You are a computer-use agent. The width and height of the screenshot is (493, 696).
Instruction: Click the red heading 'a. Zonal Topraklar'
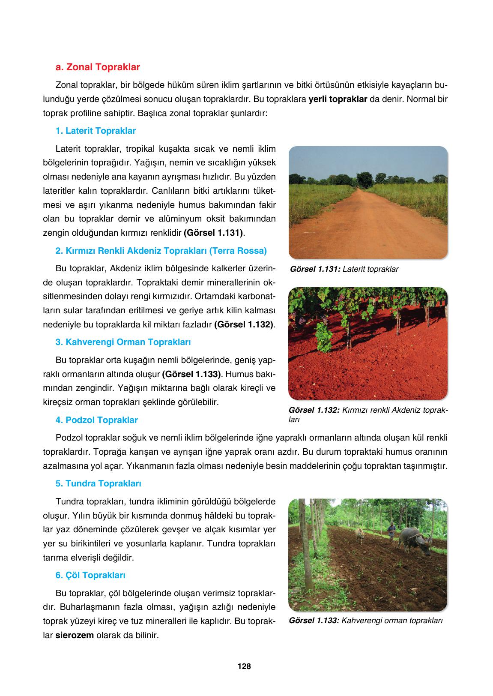click(98, 67)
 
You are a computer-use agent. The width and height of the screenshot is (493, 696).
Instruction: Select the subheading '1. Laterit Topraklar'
click(96, 131)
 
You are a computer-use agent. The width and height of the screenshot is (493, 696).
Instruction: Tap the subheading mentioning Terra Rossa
click(161, 251)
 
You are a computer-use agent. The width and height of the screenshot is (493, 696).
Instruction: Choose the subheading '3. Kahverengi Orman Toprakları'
click(123, 342)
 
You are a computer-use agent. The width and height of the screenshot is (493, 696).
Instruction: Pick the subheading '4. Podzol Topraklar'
click(97, 420)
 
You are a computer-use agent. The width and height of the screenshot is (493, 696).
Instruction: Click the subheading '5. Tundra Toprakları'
click(99, 483)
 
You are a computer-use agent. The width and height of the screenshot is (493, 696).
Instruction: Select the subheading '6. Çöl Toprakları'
click(90, 575)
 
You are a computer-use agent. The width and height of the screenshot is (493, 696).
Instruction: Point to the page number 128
click(244, 666)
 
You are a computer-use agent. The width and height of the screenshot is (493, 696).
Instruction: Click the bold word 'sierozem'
click(75, 635)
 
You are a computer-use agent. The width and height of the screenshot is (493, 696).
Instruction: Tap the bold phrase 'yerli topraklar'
click(338, 99)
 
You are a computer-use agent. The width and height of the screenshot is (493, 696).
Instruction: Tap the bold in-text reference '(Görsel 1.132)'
click(244, 324)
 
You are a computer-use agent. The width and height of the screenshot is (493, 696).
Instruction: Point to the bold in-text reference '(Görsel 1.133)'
click(191, 374)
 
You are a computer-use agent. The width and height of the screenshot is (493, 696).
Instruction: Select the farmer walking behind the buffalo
click(391, 532)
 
